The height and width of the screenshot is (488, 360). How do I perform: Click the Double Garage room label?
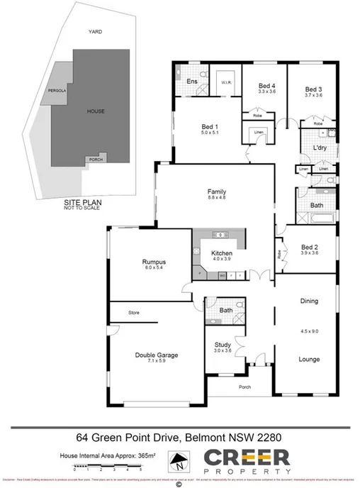click(157, 355)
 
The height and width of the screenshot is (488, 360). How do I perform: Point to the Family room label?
click(217, 192)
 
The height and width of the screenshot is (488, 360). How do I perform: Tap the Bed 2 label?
click(309, 247)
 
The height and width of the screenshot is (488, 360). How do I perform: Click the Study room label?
click(223, 345)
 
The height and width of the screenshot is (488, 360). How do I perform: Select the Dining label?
click(308, 301)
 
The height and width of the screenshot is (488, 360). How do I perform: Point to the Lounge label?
click(308, 360)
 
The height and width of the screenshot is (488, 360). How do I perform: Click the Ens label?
click(191, 82)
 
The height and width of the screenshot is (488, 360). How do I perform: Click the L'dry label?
click(319, 148)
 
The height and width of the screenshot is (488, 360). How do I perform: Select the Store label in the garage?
click(134, 312)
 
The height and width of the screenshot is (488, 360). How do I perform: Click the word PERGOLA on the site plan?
click(57, 91)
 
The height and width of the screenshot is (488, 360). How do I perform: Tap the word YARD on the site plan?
click(95, 32)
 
